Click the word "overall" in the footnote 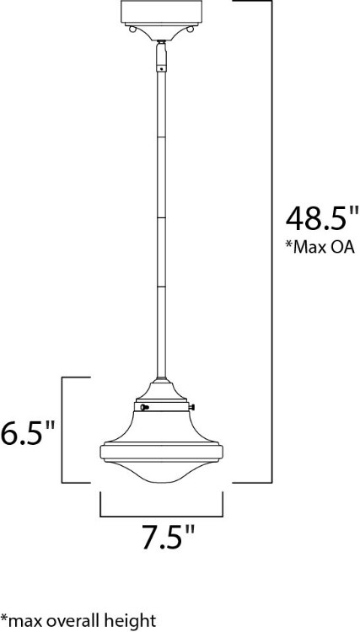click(82, 622)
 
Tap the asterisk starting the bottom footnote click(4, 619)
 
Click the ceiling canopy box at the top click(161, 13)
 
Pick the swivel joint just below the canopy click(161, 60)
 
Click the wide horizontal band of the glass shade click(162, 447)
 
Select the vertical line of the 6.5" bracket click(66, 430)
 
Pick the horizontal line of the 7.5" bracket click(163, 514)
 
